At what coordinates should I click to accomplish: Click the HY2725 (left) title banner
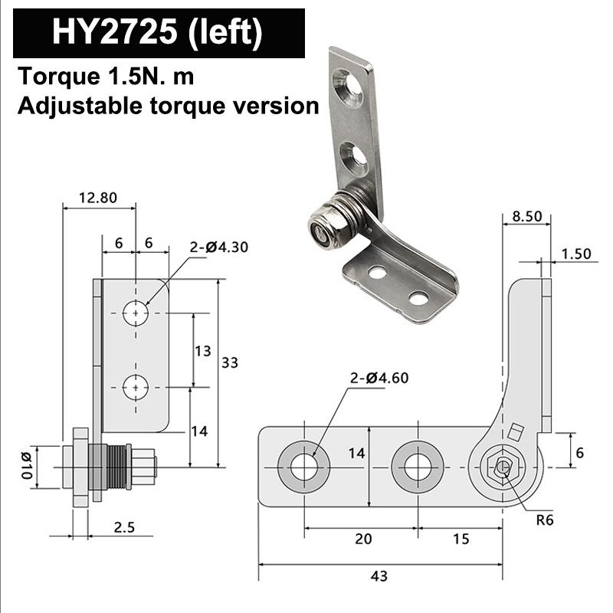click(158, 33)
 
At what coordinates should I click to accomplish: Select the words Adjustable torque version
click(168, 105)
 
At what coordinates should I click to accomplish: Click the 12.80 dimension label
click(98, 197)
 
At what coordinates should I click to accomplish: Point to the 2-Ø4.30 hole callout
click(219, 247)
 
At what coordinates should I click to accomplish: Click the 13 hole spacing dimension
click(202, 351)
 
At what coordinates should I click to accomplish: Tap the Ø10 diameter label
click(25, 466)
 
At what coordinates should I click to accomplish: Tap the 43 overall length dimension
click(379, 575)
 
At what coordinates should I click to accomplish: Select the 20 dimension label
click(363, 539)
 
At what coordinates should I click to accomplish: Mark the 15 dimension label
click(461, 539)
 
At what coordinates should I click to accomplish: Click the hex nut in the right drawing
click(502, 467)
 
